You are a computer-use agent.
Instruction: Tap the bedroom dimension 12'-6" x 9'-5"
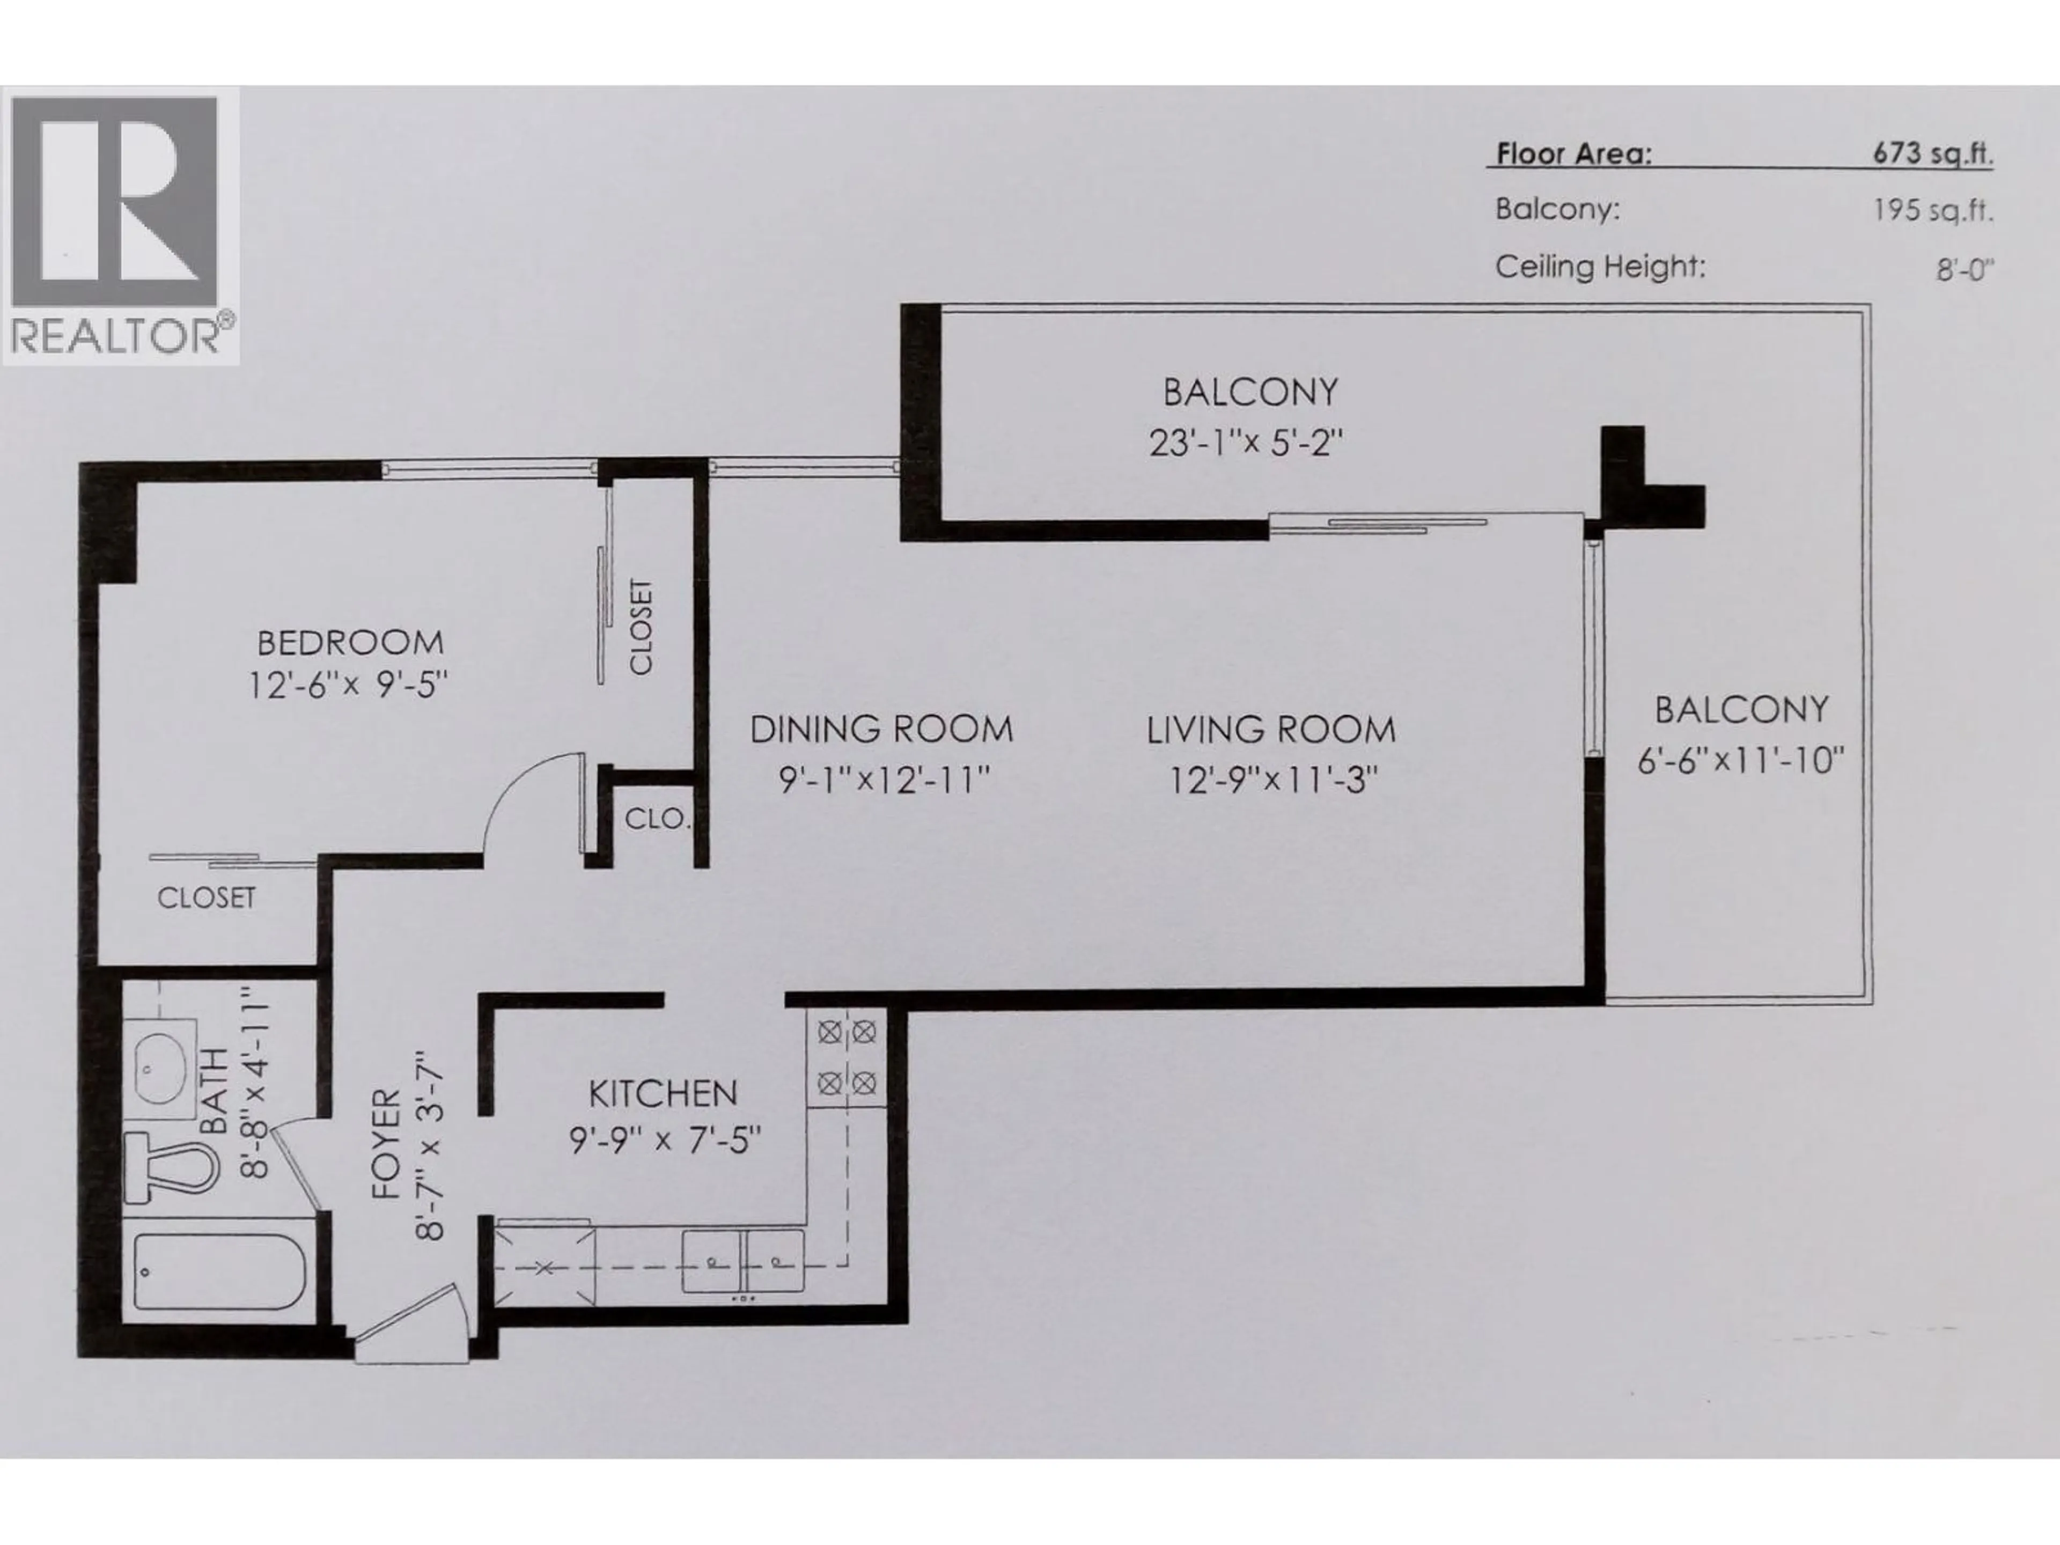(x=348, y=686)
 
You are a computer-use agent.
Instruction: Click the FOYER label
(x=386, y=1145)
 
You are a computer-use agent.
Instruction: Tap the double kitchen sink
(x=742, y=1261)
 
